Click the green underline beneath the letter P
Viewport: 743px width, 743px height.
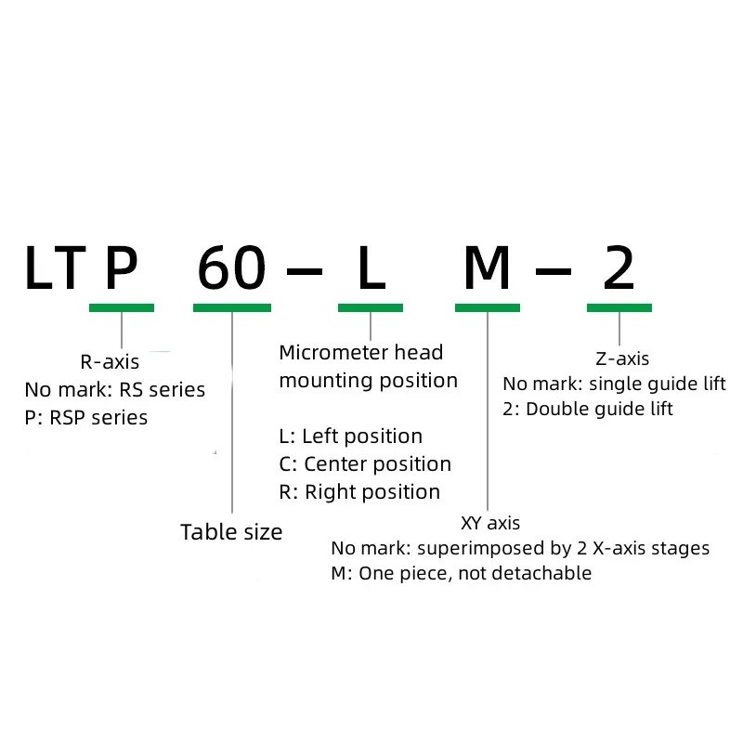point(122,307)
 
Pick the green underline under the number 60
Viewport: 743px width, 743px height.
point(232,307)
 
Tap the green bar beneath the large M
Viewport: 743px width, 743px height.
point(488,307)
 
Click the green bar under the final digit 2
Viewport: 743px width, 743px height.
point(619,307)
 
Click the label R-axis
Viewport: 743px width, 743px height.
point(111,362)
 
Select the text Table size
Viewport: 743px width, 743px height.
point(231,532)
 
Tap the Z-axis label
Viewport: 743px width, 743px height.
point(621,358)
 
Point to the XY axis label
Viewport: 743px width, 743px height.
point(490,523)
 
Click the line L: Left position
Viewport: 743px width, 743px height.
point(351,437)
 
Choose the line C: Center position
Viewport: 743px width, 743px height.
point(365,464)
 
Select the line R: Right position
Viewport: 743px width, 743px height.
point(359,492)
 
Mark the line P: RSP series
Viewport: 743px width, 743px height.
point(86,418)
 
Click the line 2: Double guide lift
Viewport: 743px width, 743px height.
point(588,409)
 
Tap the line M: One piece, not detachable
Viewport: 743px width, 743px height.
point(461,573)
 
